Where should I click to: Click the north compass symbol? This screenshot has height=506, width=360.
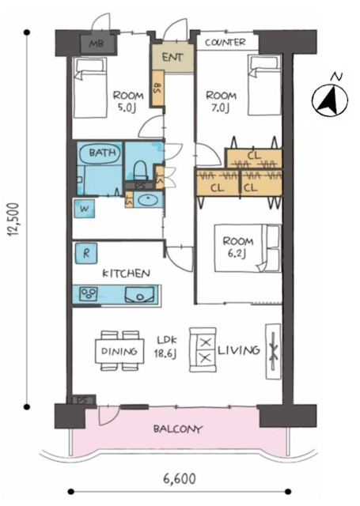[330, 100]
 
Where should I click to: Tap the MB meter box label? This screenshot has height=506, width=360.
[97, 43]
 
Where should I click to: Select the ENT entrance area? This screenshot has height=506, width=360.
[172, 58]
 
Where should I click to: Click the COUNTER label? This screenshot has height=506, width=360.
[225, 42]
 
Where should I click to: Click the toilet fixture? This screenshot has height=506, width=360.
[140, 171]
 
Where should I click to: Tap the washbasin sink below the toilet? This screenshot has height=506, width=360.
[148, 200]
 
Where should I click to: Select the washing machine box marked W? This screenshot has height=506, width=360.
[84, 209]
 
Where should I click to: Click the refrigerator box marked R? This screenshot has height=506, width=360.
[86, 253]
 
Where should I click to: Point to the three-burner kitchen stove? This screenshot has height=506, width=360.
[89, 293]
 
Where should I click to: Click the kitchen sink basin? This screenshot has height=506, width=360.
[139, 294]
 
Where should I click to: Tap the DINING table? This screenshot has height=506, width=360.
[119, 351]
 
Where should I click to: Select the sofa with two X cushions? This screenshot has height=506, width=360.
[203, 350]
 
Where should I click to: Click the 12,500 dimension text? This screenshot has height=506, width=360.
[14, 219]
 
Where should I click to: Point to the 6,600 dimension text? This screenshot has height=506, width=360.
[180, 478]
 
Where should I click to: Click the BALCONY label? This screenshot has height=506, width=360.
[178, 429]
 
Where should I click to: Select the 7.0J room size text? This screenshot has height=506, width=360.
[220, 108]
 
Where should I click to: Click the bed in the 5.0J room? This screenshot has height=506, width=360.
[89, 88]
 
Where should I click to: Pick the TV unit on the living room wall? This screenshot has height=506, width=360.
[273, 351]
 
